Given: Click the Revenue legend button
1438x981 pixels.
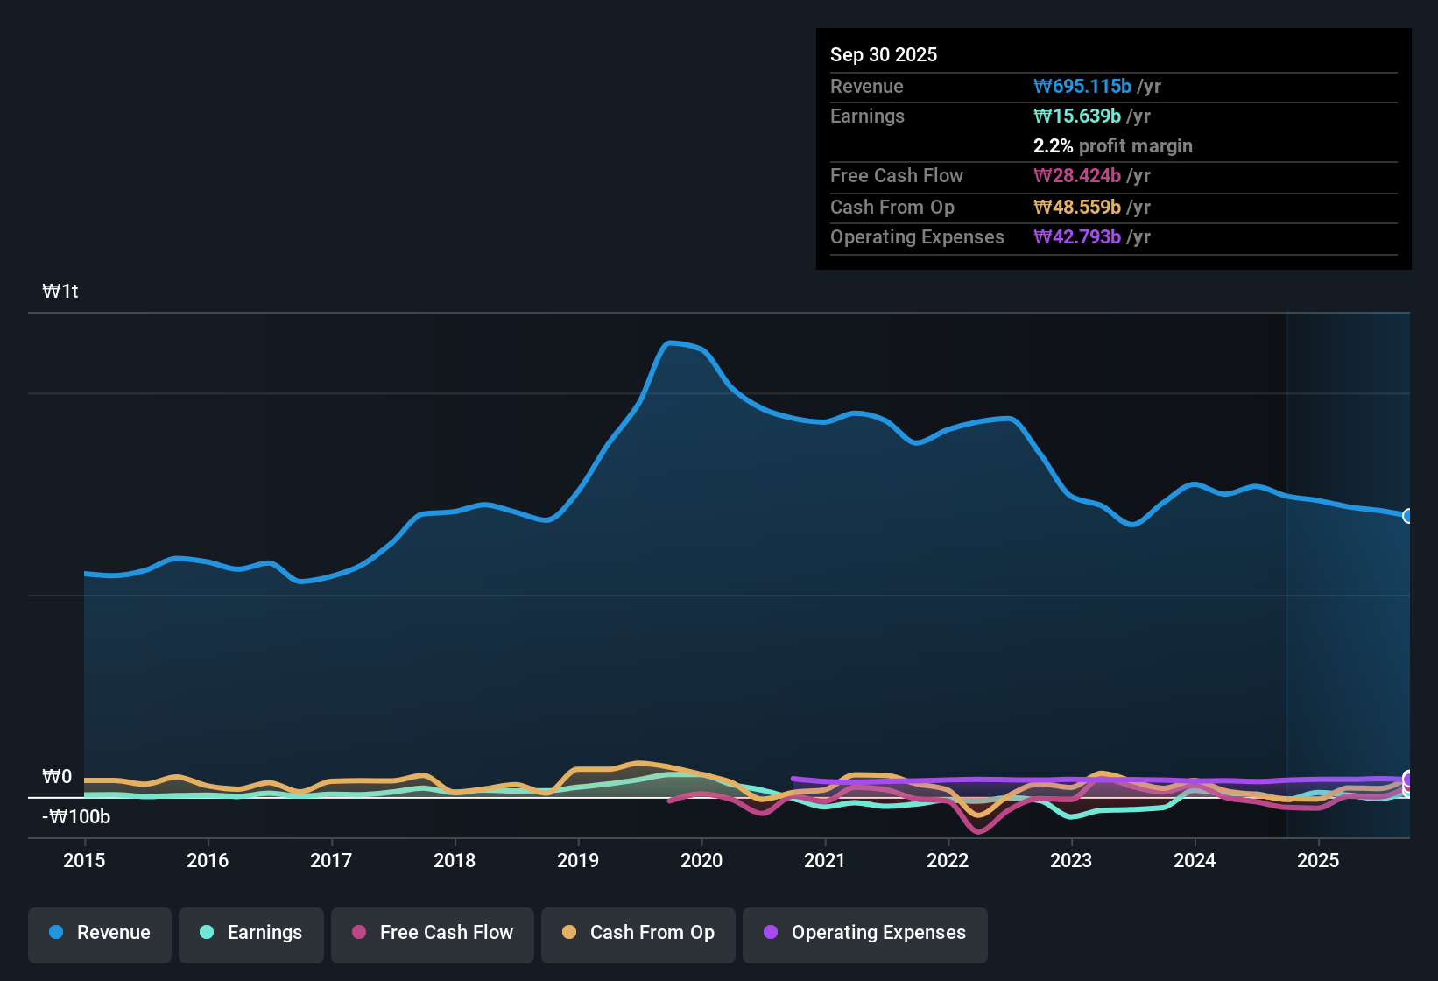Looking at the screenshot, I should point(100,933).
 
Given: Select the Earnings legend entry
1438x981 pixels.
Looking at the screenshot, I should point(251,933).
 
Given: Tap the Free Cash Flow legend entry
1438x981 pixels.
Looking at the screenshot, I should point(433,933).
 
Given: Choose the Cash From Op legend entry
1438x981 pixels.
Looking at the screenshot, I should point(638,933).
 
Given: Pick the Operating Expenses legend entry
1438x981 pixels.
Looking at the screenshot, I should point(865,933).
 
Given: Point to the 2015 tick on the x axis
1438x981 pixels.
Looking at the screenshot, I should point(84,861).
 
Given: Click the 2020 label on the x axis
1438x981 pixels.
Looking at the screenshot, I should point(701,861).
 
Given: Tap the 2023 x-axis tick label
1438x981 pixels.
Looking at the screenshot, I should point(1071,861).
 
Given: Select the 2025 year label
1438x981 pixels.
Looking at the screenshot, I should point(1318,861).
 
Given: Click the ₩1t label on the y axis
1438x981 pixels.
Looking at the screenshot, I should point(60,292).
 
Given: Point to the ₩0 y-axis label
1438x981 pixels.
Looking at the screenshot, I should point(57,777).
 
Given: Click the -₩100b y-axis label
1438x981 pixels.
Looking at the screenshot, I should point(77,817).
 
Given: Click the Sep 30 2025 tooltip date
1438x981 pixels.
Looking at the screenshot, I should point(884,55).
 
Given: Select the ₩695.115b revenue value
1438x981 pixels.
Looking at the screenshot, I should point(1082,87).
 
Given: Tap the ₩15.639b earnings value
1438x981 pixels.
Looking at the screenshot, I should point(1077,116).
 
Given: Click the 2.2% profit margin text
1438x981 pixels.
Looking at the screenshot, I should point(1112,146).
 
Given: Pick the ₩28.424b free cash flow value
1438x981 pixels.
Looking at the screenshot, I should point(1077,176).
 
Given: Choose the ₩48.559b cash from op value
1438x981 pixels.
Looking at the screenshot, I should point(1077,208).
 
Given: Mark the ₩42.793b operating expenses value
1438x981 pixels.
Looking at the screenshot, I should point(1077,237).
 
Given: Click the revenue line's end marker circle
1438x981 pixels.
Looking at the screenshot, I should point(1407,516).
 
